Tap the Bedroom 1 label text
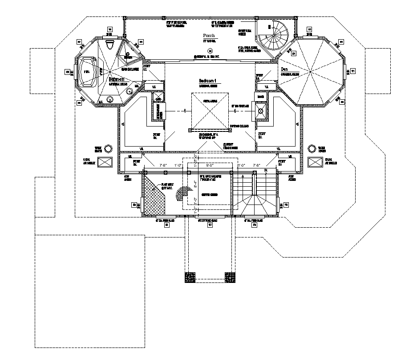[207, 81]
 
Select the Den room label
[284, 70]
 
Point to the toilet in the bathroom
[110, 45]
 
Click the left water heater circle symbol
[105, 148]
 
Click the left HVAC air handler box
[105, 162]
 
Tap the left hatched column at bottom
[190, 277]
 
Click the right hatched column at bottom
[230, 277]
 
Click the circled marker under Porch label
[210, 50]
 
